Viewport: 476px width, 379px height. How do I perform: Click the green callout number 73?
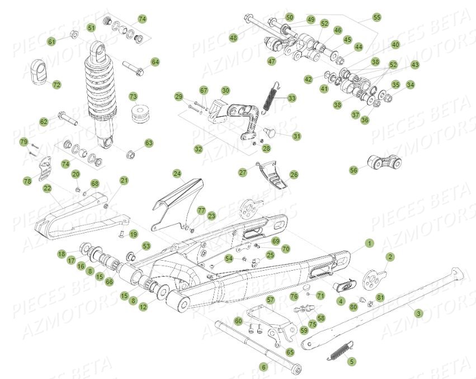click(134, 97)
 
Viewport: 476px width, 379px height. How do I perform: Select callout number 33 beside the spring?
click(291, 98)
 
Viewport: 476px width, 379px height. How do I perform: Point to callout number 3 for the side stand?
click(418, 314)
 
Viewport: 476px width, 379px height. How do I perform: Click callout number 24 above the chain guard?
click(177, 174)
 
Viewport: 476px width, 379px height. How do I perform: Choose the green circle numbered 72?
click(56, 85)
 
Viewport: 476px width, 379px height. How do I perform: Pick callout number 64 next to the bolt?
click(155, 62)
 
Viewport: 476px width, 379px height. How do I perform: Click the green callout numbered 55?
click(376, 18)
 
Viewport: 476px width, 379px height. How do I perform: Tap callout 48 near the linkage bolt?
click(233, 38)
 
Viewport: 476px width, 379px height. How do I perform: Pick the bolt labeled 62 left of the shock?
click(65, 119)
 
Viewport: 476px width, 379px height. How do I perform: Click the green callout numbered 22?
click(47, 188)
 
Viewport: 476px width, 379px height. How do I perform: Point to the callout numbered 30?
click(225, 90)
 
